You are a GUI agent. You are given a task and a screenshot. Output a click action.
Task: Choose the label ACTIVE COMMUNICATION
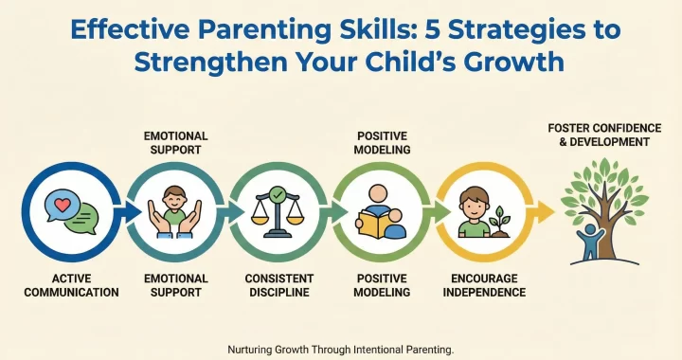point(73,285)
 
